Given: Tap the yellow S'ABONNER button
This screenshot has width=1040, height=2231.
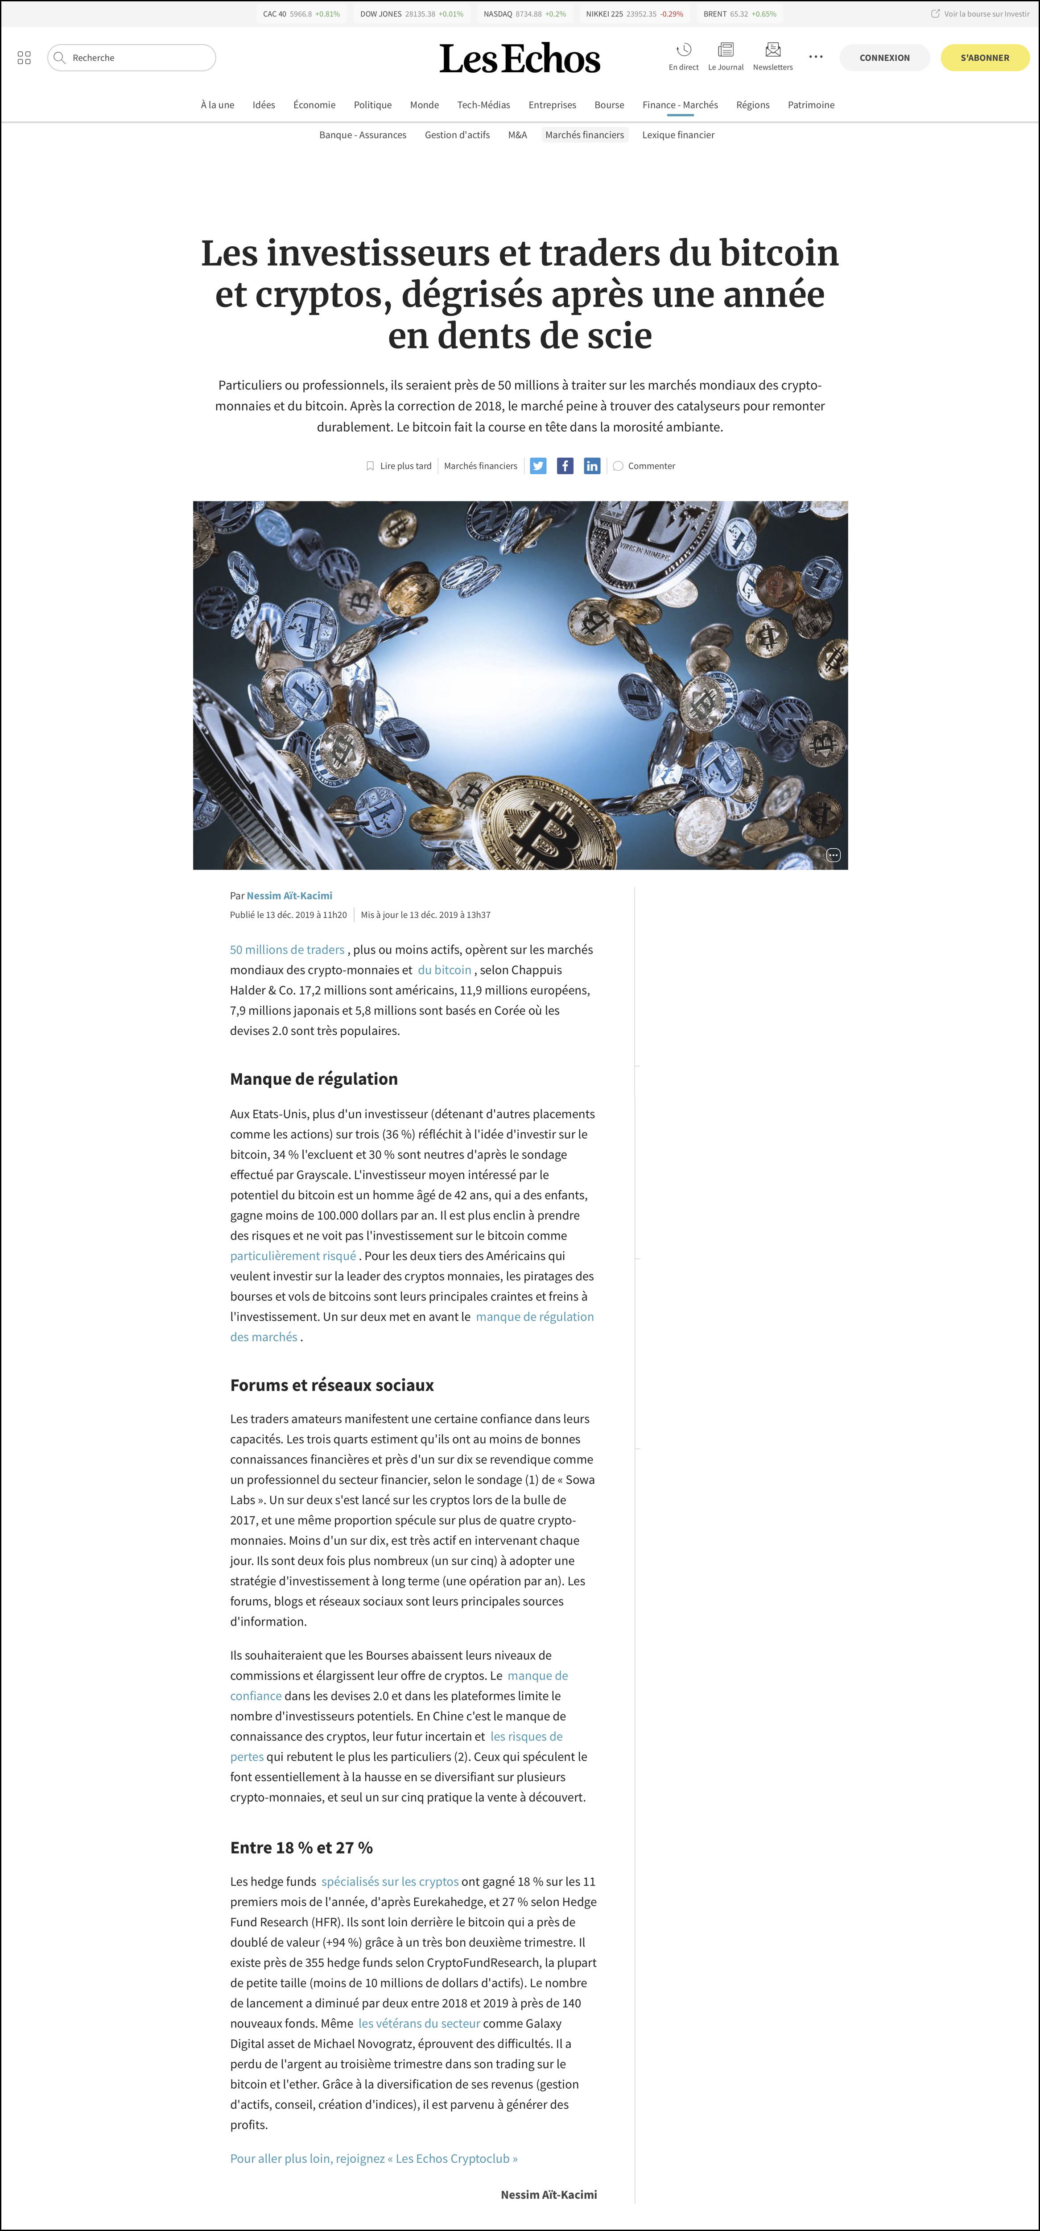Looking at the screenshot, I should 985,58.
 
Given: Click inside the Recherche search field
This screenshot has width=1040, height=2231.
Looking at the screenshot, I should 139,58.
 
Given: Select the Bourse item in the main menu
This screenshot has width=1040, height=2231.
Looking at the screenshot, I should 609,105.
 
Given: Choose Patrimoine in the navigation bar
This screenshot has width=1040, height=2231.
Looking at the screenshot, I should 810,105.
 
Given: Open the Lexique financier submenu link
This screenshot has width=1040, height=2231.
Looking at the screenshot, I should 678,135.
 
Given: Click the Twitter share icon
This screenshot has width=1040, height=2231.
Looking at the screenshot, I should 538,466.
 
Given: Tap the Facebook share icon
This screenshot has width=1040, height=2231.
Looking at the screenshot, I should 565,466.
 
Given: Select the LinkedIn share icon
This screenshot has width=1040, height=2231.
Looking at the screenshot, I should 591,466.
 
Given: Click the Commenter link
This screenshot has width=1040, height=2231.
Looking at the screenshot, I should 650,466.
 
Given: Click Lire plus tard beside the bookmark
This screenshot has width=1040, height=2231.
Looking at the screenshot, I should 404,466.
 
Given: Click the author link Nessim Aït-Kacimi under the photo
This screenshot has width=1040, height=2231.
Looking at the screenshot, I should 289,896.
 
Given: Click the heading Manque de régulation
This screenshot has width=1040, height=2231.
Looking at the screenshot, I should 314,1079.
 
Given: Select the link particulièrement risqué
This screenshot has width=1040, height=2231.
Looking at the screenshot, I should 293,1256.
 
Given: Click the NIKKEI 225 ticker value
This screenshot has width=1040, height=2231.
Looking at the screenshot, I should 641,14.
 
